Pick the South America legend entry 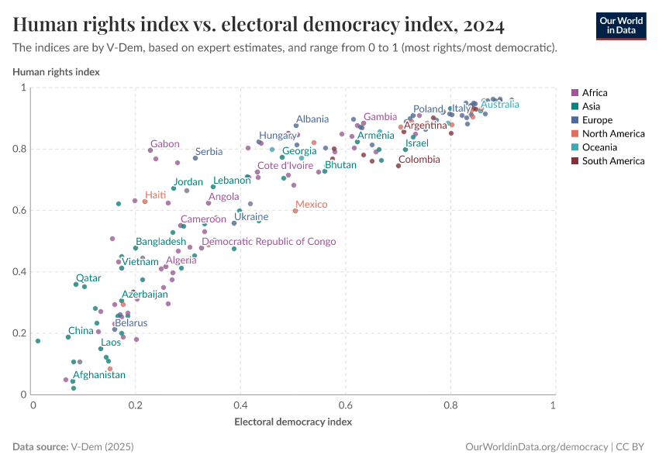coord(612,161)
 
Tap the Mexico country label coord(312,205)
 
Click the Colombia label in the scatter coord(419,160)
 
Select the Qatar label coord(88,278)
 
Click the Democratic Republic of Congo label coord(268,242)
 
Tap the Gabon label coord(165,144)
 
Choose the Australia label coord(500,105)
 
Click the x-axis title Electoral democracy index coord(293,422)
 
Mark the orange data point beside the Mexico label coord(295,211)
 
